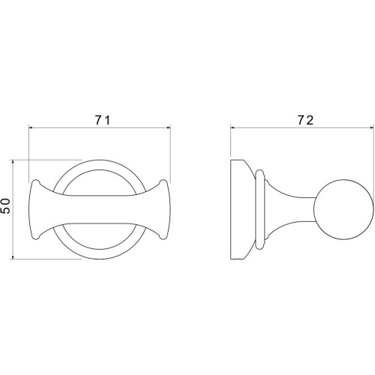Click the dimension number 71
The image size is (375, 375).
102,121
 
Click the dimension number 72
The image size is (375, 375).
305,121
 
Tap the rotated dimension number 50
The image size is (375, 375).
5,205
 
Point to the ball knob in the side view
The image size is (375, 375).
344,209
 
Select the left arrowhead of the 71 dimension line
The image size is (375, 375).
31,128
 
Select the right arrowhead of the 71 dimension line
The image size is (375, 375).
168,128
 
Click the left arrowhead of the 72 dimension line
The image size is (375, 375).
232,128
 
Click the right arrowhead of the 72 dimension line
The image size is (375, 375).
372,128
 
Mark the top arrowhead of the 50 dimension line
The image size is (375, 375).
13,162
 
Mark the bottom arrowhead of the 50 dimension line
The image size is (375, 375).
13,256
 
